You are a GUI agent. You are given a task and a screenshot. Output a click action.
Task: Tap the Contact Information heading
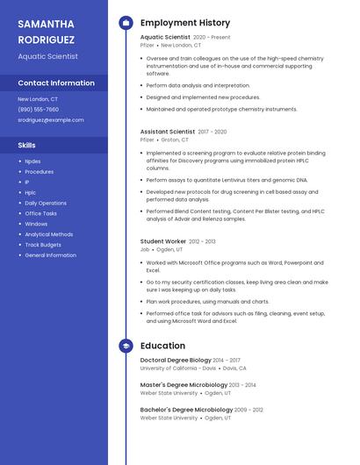[x=56, y=82]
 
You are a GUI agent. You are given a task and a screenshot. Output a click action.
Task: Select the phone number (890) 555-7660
[x=38, y=110]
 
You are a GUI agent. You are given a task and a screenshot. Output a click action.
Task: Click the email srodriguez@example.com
[x=51, y=119]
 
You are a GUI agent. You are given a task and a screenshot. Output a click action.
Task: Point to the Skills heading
[x=26, y=145]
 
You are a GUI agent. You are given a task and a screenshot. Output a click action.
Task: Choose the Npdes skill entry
[x=32, y=161]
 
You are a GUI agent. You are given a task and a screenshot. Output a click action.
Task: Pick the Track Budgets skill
[x=43, y=245]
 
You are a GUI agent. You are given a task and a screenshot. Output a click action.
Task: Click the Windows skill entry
[x=36, y=224]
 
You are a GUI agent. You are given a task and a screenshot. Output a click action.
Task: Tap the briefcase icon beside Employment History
[x=126, y=23]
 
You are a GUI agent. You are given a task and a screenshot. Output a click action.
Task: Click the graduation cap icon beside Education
[x=126, y=347]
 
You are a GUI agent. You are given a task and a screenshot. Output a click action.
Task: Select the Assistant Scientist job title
[x=168, y=132]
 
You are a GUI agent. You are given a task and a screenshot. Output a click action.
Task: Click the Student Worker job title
[x=163, y=241]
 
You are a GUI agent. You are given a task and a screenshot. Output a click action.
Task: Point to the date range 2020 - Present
[x=212, y=38]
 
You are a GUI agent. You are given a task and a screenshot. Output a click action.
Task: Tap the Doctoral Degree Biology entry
[x=176, y=360]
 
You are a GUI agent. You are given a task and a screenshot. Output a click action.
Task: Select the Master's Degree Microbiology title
[x=184, y=384]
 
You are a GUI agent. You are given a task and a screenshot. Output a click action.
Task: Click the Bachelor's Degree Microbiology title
[x=186, y=410]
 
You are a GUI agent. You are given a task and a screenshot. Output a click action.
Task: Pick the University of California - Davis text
[x=178, y=368]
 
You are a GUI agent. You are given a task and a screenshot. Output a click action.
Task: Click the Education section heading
[x=162, y=347]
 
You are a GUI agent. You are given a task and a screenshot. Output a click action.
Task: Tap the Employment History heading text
[x=185, y=23]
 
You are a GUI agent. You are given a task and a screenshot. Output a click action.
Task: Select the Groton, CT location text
[x=175, y=139]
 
